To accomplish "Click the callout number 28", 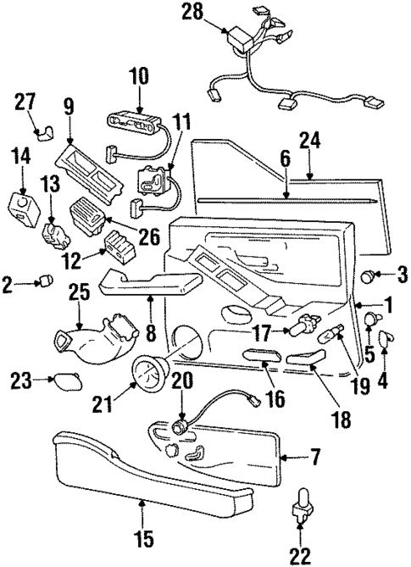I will pos(192,11).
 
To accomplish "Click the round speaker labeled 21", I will pos(153,372).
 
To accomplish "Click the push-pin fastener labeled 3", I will pos(369,275).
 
